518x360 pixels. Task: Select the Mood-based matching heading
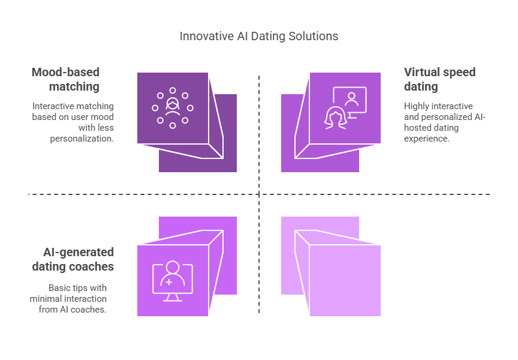pos(65,79)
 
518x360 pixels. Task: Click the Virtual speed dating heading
pos(439,79)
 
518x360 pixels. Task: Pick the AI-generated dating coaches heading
pos(73,259)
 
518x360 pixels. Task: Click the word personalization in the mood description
pos(82,139)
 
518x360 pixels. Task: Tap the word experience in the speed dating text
pos(426,139)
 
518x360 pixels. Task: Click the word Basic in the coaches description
pos(59,288)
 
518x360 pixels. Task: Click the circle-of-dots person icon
pos(173,108)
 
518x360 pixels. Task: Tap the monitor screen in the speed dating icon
pos(350,100)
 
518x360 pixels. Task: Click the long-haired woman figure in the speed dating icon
pos(336,118)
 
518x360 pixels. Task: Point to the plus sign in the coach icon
pos(169,283)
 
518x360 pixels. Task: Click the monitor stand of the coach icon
pos(173,297)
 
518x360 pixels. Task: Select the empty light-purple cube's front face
pos(345,280)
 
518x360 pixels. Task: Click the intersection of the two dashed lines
pos(259,194)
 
